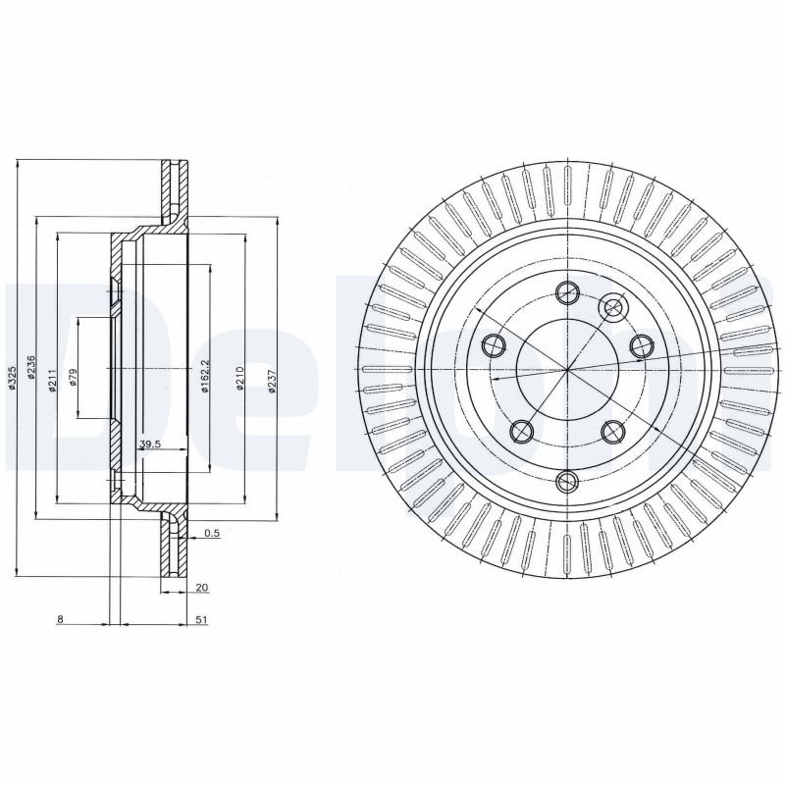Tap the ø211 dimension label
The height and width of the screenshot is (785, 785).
pyautogui.click(x=51, y=379)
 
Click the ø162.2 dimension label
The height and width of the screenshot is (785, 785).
pyautogui.click(x=205, y=377)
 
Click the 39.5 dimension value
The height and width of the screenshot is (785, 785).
pyautogui.click(x=149, y=445)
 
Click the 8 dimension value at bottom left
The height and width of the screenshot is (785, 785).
pyautogui.click(x=60, y=620)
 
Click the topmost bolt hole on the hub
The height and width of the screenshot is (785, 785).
pyautogui.click(x=567, y=291)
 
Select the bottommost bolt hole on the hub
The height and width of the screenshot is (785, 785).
pyautogui.click(x=567, y=480)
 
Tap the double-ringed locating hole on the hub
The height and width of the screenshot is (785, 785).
pyautogui.click(x=614, y=308)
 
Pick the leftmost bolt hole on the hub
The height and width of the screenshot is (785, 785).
pyautogui.click(x=494, y=344)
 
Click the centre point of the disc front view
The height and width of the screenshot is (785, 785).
pyautogui.click(x=567, y=369)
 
